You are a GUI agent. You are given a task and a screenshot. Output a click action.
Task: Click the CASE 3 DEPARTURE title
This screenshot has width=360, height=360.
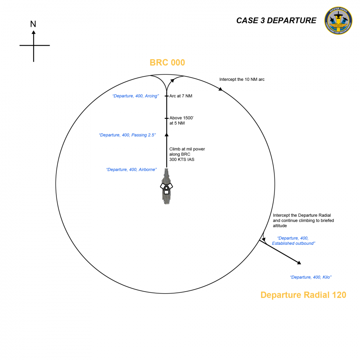click(x=276, y=20)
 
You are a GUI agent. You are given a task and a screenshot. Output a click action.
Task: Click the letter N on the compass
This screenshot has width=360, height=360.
click(x=33, y=24)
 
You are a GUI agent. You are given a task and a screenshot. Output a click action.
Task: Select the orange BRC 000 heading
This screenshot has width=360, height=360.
click(x=167, y=62)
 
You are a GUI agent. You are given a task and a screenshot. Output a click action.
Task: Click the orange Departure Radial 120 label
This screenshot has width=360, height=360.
click(x=303, y=295)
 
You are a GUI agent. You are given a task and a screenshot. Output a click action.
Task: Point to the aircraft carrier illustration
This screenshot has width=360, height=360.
click(x=166, y=187)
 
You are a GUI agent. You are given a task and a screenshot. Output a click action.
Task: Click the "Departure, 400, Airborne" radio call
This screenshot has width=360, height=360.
click(x=131, y=170)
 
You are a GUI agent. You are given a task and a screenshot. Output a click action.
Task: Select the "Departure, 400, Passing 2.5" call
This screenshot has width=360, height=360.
click(x=127, y=135)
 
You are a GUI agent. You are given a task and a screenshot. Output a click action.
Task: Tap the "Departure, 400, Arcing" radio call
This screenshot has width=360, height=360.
click(x=136, y=96)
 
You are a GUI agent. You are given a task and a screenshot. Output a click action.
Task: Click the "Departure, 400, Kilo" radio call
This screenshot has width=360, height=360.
click(x=311, y=277)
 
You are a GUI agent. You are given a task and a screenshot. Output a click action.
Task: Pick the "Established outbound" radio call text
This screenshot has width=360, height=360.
click(x=293, y=241)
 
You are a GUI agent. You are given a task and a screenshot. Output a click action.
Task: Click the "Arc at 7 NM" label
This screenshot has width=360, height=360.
click(x=181, y=96)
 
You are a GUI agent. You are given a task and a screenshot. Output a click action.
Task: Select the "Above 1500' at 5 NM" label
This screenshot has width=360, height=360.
click(x=181, y=120)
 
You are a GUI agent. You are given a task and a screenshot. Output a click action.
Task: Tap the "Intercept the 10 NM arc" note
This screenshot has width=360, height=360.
click(x=242, y=79)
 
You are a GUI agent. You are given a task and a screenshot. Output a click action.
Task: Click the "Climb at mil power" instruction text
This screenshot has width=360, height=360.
click(x=187, y=154)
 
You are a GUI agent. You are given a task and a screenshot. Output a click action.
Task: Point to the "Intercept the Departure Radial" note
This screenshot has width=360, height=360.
click(x=303, y=220)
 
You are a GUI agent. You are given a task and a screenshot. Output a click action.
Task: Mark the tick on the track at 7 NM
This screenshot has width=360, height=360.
click(x=166, y=96)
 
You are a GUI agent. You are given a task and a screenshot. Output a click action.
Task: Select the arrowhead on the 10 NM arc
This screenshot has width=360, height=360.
click(x=220, y=88)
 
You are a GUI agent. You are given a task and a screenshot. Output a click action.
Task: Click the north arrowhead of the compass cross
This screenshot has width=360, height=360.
click(x=34, y=32)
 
